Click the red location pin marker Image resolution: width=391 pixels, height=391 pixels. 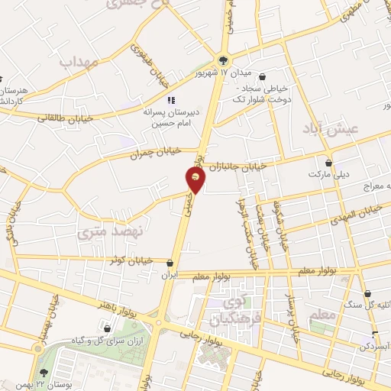point(196,178)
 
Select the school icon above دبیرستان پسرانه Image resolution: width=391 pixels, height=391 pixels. point(171,100)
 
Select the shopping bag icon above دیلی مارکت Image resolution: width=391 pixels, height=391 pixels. point(329,162)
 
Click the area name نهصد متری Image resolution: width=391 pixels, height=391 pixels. point(108,228)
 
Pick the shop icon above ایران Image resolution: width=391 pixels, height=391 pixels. point(170,263)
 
